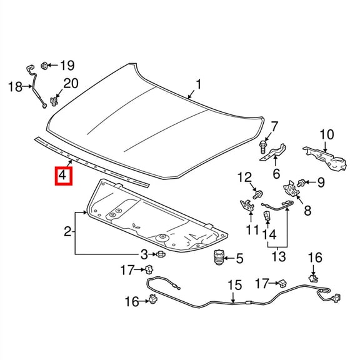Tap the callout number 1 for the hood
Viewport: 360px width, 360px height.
(199, 84)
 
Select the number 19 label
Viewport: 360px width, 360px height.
(67, 65)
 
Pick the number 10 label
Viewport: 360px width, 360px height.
(327, 134)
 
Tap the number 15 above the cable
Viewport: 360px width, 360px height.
(233, 286)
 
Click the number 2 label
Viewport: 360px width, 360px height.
(67, 233)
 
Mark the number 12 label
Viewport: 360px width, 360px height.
(244, 177)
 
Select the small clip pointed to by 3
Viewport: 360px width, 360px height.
(161, 254)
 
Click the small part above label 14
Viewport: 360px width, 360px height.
(267, 216)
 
